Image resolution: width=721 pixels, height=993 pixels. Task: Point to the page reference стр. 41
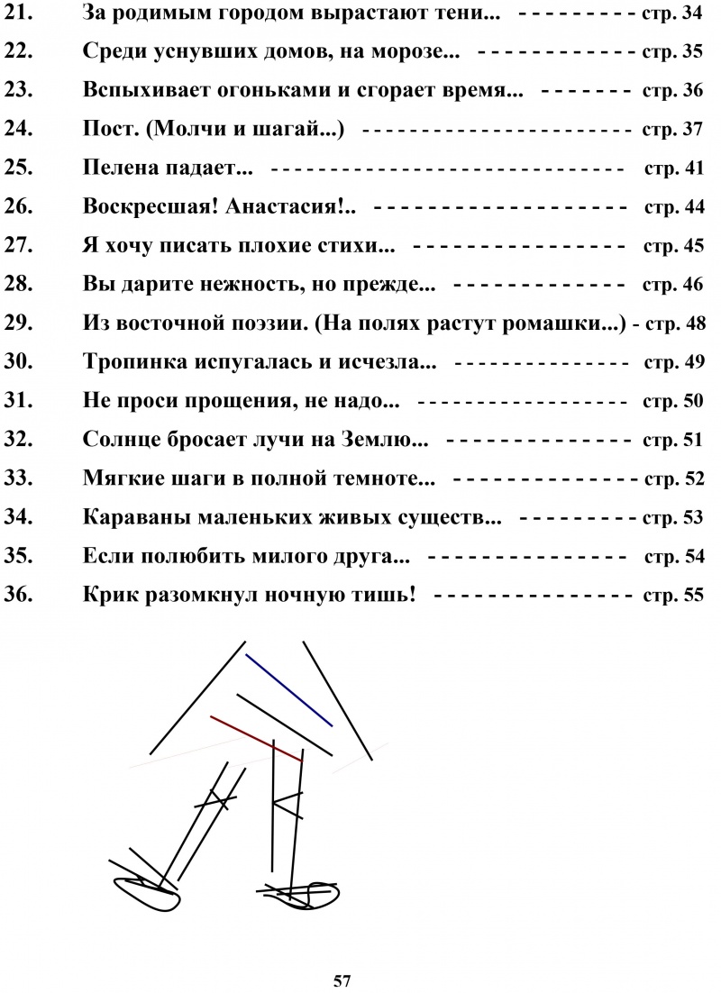point(675,169)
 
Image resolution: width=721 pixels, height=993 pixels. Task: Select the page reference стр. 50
point(675,402)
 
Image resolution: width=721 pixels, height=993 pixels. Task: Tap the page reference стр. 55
point(675,596)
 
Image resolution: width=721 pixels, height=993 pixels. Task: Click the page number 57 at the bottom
point(342,979)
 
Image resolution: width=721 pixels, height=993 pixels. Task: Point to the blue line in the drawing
point(288,689)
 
